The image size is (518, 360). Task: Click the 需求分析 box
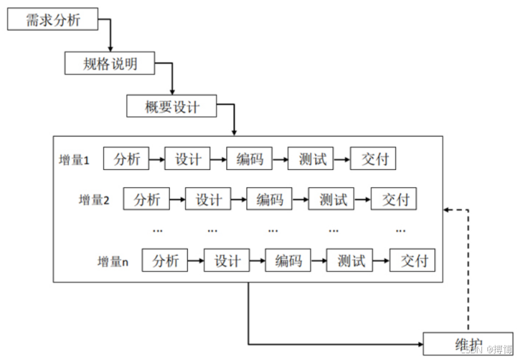click(x=53, y=19)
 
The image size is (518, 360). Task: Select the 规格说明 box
click(x=110, y=64)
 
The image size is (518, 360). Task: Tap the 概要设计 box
click(x=172, y=107)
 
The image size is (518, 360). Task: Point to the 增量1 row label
click(x=75, y=160)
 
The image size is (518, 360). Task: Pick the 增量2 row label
click(x=95, y=201)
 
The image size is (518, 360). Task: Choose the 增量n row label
click(x=113, y=262)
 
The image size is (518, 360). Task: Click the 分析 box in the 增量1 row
click(x=127, y=159)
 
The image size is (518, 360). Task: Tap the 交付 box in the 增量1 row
click(x=373, y=159)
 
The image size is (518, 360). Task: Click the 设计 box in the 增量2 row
click(x=208, y=200)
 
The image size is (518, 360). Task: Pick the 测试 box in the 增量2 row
click(x=332, y=200)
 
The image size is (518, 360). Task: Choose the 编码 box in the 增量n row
click(x=288, y=261)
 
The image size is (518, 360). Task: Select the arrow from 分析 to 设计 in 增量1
click(x=156, y=159)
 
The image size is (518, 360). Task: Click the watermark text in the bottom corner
click(x=484, y=350)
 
